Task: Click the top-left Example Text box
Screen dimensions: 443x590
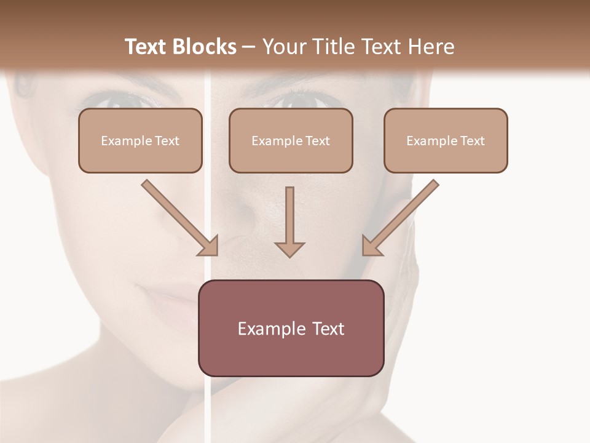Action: pos(140,140)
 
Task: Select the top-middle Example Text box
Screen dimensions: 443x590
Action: pos(291,140)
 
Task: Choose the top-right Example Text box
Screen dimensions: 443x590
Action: pos(446,140)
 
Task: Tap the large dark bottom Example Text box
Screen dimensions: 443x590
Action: pos(291,329)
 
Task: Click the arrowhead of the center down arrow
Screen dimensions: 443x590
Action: pos(290,249)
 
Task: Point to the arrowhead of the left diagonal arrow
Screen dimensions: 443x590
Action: pos(209,246)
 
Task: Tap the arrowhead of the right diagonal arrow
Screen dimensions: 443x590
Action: pos(371,246)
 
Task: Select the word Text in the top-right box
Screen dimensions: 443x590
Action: pos(473,141)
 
